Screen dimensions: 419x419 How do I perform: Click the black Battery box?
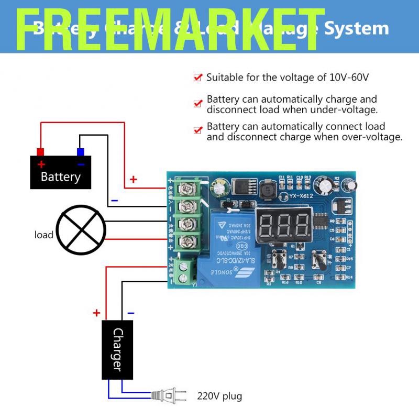60,172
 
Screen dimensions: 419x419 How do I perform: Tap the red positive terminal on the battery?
40,152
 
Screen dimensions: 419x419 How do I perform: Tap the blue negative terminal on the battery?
81,152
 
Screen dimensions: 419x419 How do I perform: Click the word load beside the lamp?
44,235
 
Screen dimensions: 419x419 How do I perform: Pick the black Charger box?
118,349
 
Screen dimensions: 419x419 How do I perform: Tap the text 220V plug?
219,395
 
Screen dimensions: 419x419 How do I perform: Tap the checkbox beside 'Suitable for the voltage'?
197,78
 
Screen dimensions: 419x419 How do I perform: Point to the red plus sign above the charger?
96,313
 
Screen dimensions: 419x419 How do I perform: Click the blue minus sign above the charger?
130,313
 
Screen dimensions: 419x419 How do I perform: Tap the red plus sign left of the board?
134,180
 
